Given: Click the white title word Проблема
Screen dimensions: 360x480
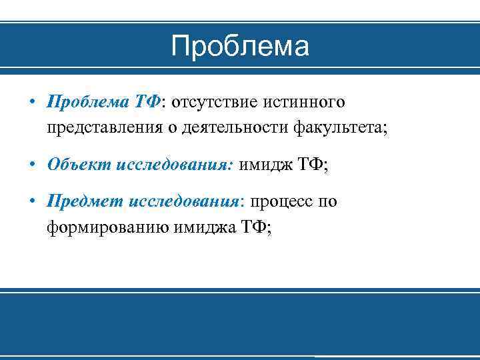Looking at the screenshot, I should [x=239, y=47].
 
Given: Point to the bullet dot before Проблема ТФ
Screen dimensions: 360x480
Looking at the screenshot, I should [x=32, y=103].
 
